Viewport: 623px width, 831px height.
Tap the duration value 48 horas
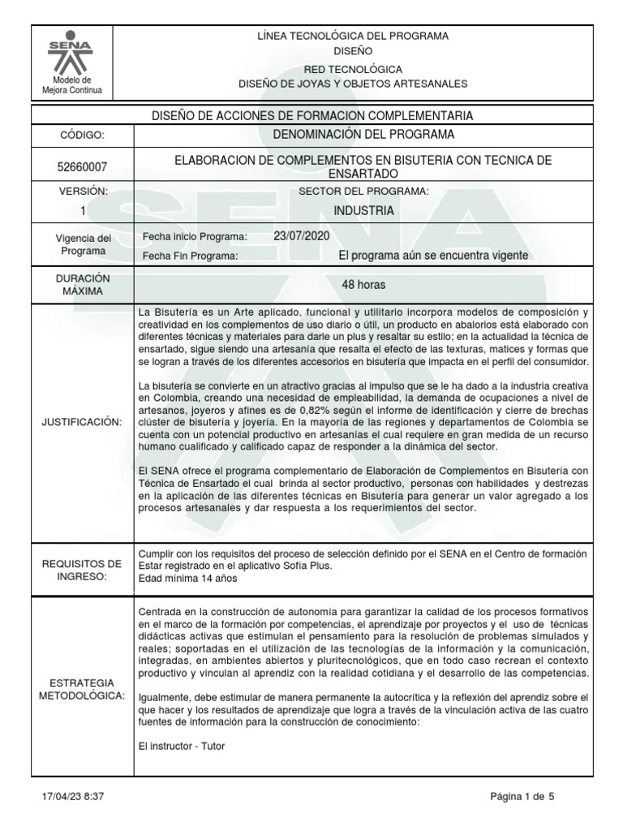click(363, 285)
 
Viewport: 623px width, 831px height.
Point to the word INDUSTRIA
click(363, 211)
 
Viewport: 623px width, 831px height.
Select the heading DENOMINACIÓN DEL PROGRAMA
click(363, 134)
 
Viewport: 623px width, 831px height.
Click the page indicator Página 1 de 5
click(522, 797)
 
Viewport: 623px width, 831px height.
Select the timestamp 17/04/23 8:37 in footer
click(72, 797)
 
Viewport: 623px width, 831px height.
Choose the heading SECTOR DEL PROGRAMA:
click(363, 191)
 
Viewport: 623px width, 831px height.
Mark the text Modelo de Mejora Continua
click(72, 85)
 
